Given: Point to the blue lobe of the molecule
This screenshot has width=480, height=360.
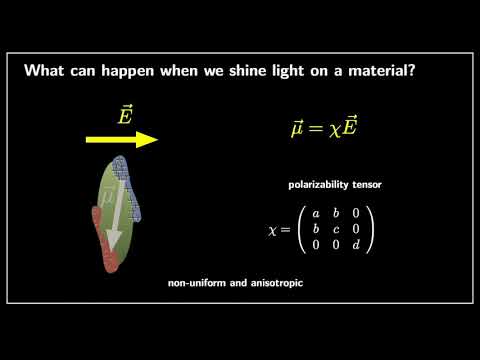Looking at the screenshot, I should (x=129, y=185).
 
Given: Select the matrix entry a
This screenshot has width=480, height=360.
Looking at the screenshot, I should (x=315, y=213).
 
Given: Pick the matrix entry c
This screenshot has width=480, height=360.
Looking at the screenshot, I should (x=336, y=228).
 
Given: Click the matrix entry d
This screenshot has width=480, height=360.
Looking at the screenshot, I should (x=357, y=243).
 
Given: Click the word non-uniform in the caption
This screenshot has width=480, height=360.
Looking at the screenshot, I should (x=198, y=283).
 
